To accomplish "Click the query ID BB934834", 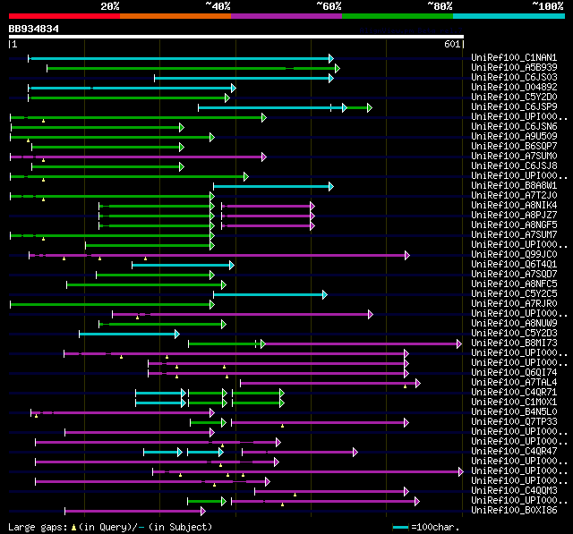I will click(x=34, y=29).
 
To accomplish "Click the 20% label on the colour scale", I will click(x=110, y=6).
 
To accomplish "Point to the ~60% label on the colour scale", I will click(x=329, y=6).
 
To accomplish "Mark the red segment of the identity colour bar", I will click(x=64, y=15).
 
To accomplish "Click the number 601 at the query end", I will click(x=450, y=44).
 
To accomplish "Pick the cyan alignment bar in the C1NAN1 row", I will click(x=179, y=58).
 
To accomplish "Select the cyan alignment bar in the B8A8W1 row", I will click(x=272, y=186).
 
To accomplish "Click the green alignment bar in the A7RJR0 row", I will click(x=111, y=304).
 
